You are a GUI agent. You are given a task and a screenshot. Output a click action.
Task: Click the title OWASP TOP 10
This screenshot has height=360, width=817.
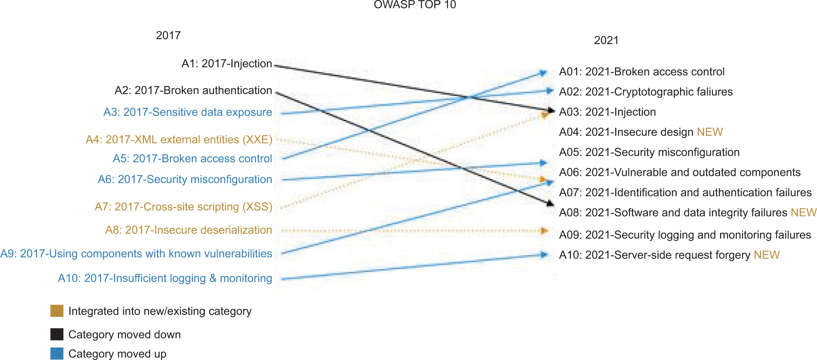(415, 4)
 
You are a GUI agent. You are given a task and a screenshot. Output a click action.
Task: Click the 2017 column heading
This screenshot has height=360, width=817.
(168, 35)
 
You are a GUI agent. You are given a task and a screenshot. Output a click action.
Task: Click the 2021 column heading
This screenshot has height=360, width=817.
(606, 40)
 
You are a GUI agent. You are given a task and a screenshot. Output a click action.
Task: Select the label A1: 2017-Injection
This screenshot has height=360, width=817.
(227, 63)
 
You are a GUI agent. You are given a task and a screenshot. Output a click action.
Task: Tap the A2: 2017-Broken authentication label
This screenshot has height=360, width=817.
(193, 90)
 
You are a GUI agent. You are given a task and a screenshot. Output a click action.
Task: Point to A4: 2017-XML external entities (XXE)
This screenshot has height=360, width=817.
(179, 139)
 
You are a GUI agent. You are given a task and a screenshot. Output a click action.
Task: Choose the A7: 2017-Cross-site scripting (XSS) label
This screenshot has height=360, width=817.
(183, 207)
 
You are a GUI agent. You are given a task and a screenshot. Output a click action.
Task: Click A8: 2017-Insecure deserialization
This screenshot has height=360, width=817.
(188, 230)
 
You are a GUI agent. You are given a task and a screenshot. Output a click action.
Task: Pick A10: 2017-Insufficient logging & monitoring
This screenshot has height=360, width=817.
(165, 278)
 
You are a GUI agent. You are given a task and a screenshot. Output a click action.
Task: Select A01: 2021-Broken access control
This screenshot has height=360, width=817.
(642, 72)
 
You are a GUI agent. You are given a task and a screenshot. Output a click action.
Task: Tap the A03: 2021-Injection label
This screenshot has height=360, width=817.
(607, 112)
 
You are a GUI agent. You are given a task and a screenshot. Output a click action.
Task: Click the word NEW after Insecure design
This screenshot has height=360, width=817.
(710, 132)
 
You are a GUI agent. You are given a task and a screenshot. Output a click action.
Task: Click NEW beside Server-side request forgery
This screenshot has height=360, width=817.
(767, 255)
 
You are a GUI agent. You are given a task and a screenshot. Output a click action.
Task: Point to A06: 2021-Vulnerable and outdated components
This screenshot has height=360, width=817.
(680, 172)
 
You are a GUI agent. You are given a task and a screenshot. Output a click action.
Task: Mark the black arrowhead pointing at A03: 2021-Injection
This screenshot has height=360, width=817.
(551, 110)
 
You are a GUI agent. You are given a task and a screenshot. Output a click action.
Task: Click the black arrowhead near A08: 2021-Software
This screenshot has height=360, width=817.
(550, 203)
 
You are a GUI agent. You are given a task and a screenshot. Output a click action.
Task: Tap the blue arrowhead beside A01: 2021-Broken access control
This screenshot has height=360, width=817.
(543, 73)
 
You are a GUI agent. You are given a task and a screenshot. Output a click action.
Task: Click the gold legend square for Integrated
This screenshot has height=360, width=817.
(57, 311)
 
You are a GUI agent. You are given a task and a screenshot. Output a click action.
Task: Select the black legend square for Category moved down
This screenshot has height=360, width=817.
(57, 334)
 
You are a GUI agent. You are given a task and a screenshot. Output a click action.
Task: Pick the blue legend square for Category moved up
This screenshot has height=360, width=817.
(57, 354)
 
